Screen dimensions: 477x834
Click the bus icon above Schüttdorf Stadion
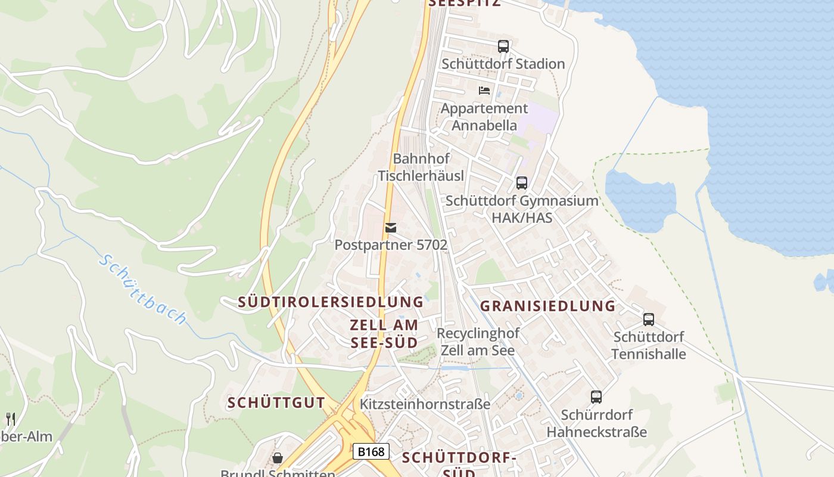coord(503,46)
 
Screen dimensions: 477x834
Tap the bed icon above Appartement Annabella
coord(484,91)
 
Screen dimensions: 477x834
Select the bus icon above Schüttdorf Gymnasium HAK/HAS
coord(522,182)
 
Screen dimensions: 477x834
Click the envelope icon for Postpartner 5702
coord(391,228)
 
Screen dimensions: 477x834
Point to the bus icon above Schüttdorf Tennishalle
coord(649,319)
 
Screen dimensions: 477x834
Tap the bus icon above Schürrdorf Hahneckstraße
coord(596,397)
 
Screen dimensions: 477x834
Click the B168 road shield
coord(372,451)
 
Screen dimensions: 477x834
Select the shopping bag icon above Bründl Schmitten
coord(278,458)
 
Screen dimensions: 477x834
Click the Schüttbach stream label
coord(142,289)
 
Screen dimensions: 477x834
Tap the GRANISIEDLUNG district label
coord(547,306)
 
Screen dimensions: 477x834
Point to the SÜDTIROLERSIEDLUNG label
coord(331,302)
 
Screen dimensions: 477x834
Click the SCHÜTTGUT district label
coord(276,402)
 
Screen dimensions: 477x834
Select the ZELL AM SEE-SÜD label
coord(384,334)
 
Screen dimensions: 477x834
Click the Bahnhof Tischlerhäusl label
coord(421,167)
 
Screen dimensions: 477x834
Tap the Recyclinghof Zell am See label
coord(478,342)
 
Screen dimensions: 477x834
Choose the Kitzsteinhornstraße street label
coord(425,404)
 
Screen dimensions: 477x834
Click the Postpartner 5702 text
coord(391,244)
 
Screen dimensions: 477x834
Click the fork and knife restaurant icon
coord(10,419)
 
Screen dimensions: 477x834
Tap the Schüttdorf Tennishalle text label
coord(649,345)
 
